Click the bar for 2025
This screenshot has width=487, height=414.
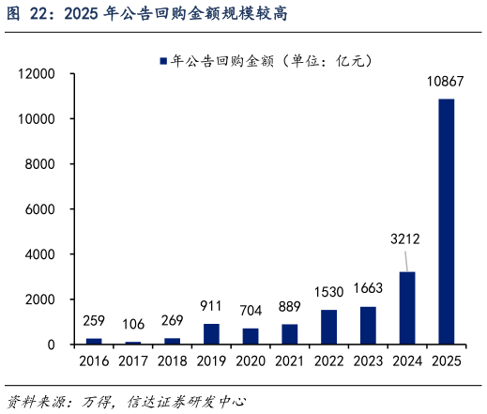446,222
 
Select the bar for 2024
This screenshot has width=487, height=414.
406,308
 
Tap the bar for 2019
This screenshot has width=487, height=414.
211,333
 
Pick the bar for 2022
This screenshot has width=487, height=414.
328,327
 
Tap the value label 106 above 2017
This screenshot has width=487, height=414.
133,325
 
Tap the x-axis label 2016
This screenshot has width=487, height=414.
94,361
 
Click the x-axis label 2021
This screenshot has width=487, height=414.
289,361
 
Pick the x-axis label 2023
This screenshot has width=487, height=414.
368,361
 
